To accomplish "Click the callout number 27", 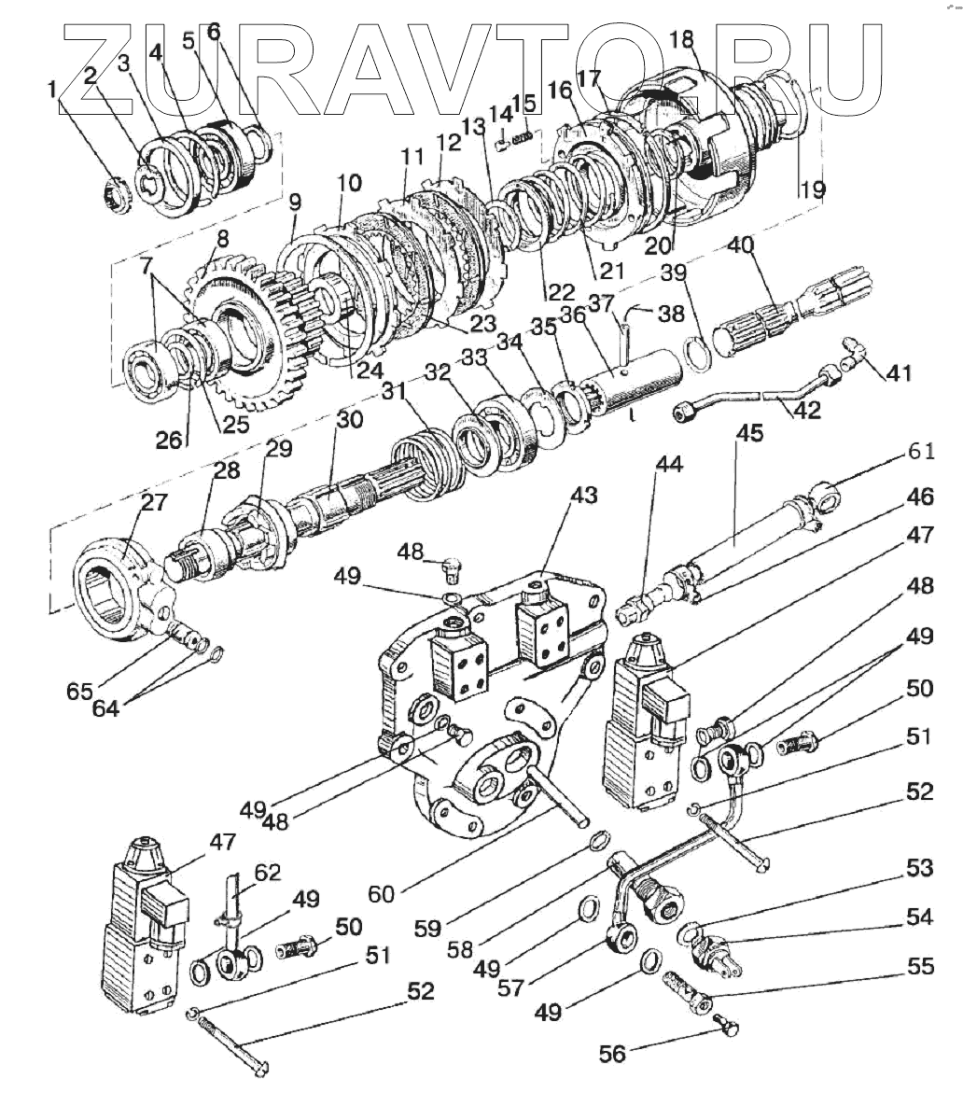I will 155,503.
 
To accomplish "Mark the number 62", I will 267,873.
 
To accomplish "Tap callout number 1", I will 52,90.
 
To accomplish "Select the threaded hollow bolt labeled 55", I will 688,991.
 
